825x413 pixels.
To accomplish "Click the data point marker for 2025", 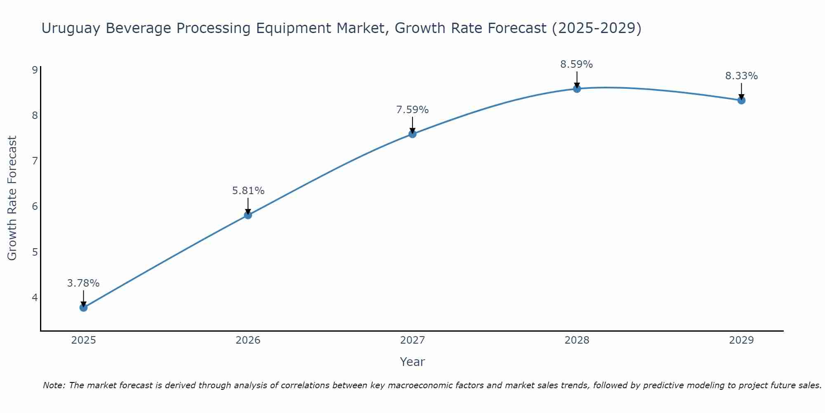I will tap(83, 308).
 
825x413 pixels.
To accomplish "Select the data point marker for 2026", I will tap(248, 215).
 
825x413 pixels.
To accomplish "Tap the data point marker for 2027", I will tap(412, 134).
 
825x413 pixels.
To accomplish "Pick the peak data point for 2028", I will tap(577, 89).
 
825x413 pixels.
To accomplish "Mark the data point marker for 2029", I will tap(741, 100).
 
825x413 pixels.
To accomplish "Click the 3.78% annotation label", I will tap(83, 283).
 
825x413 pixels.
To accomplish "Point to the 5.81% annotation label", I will tap(248, 191).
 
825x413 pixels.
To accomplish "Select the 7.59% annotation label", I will tap(412, 110).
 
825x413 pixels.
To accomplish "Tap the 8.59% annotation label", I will tap(576, 64).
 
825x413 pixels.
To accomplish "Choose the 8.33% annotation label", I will tap(741, 76).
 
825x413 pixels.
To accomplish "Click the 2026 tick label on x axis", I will tap(248, 340).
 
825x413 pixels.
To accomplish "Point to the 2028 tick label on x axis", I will tap(577, 340).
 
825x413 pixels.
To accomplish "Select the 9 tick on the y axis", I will tap(35, 70).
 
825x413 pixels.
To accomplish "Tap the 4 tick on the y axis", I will tap(35, 297).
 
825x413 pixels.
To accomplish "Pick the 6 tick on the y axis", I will tap(35, 206).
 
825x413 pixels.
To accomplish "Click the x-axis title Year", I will tap(412, 362).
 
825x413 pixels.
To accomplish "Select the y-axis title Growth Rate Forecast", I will tap(12, 198).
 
